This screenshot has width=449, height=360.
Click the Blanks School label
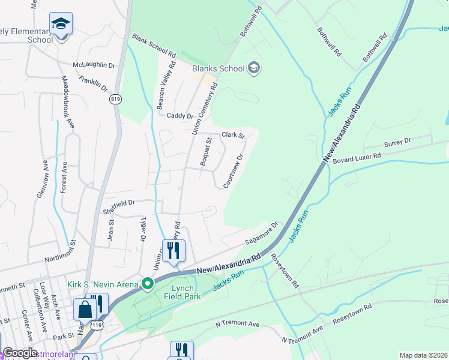click(x=218, y=68)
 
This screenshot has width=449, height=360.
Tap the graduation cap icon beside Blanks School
click(x=254, y=67)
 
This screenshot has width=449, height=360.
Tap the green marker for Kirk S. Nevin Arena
click(x=146, y=283)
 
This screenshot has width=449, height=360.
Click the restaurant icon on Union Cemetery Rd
click(x=174, y=251)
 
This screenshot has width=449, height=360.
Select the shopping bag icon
click(x=85, y=310)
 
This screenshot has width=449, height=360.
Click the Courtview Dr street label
click(x=234, y=171)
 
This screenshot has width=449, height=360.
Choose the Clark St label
click(x=234, y=136)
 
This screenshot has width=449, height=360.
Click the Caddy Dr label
click(x=180, y=116)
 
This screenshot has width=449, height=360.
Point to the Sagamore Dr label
click(x=262, y=234)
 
